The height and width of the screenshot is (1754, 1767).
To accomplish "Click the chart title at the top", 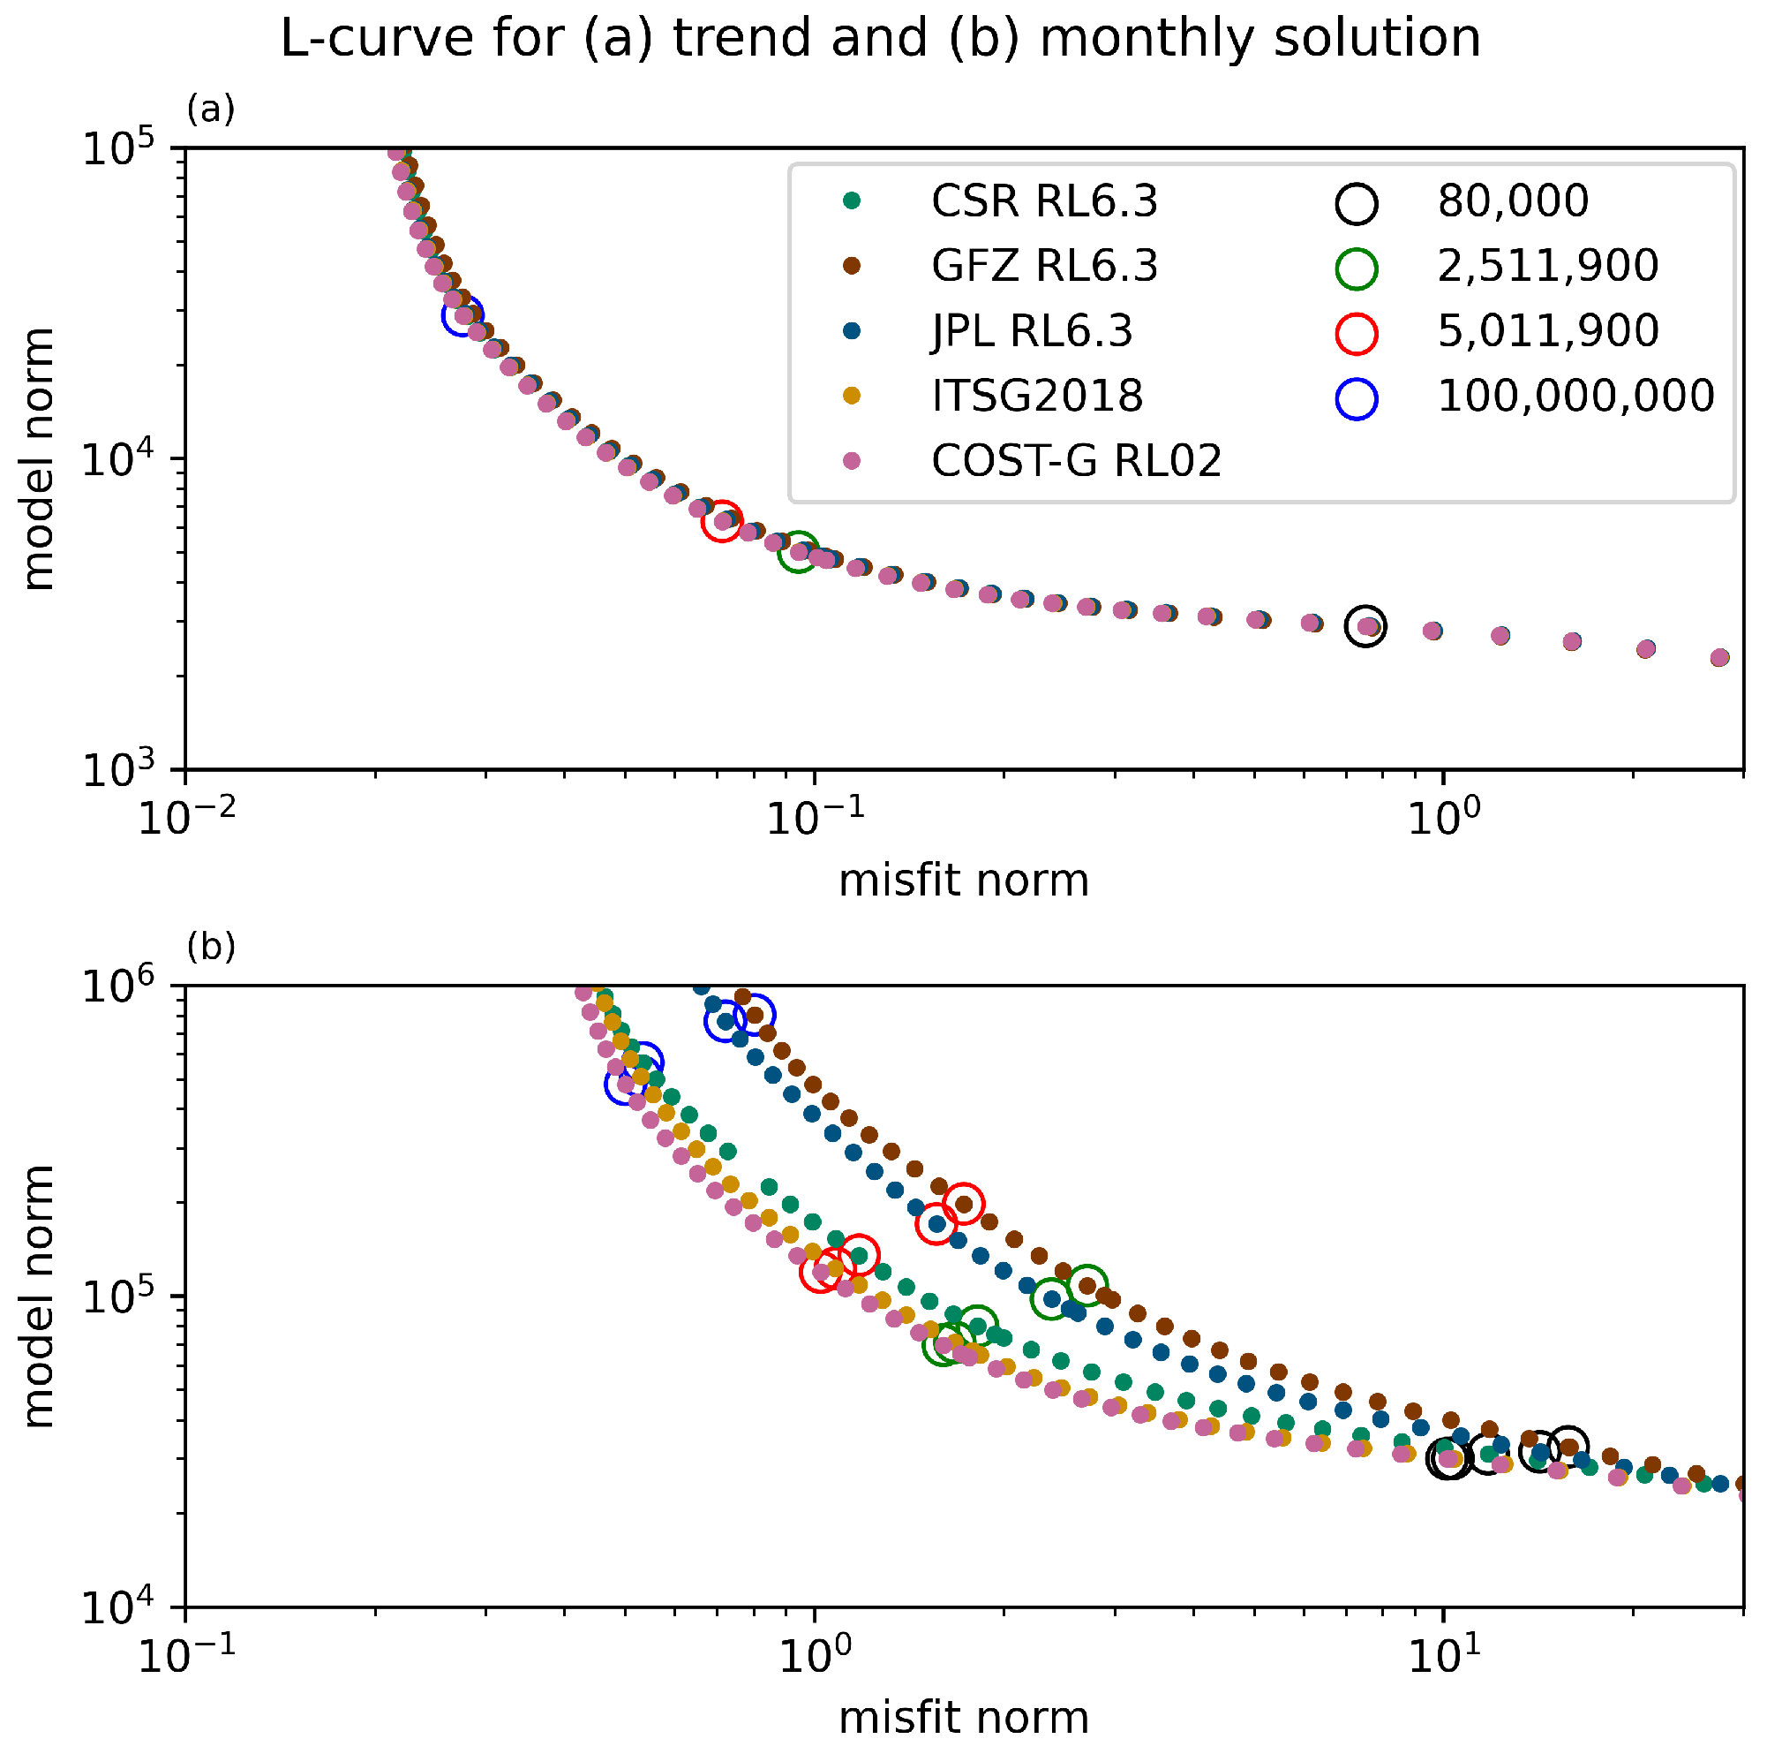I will [x=880, y=39].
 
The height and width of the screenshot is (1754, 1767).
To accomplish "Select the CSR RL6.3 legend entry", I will [x=1043, y=201].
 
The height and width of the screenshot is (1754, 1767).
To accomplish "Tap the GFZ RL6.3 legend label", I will [x=1043, y=266].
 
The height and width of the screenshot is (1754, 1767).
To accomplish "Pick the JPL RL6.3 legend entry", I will [x=1032, y=331].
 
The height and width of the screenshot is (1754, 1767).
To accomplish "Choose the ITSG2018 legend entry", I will [x=1036, y=397].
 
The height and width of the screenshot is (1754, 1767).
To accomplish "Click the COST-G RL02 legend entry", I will [x=1076, y=461].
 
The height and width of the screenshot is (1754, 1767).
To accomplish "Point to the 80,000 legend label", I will [x=1513, y=201].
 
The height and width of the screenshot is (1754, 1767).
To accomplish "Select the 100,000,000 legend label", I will [x=1575, y=397].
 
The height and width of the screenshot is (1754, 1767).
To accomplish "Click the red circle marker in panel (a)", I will [x=722, y=520].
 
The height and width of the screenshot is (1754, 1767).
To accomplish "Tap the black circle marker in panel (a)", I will [x=1365, y=626].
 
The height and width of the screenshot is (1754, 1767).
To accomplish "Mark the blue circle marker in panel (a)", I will [x=462, y=316].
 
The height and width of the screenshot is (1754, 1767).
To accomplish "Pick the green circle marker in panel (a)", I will [x=799, y=552].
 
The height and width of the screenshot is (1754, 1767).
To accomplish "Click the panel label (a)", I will [x=210, y=110].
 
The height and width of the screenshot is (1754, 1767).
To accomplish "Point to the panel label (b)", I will [x=210, y=947].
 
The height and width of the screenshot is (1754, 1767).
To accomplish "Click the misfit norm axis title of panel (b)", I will [x=963, y=1718].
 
